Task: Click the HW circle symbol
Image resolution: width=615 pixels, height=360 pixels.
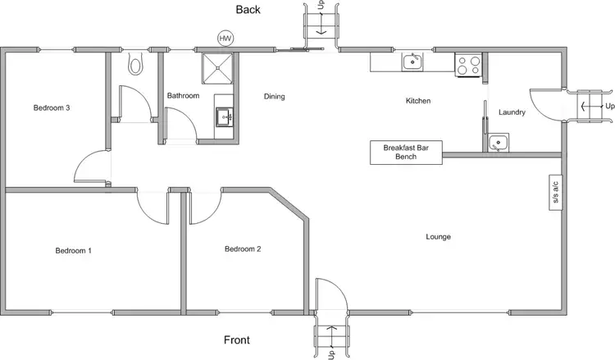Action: pyautogui.click(x=224, y=38)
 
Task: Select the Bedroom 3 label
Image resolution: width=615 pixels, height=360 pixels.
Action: pyautogui.click(x=51, y=107)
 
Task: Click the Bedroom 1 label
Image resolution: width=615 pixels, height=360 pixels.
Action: pyautogui.click(x=73, y=250)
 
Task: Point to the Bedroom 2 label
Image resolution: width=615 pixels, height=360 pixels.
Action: pyautogui.click(x=243, y=248)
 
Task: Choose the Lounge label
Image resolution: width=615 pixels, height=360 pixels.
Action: pyautogui.click(x=438, y=237)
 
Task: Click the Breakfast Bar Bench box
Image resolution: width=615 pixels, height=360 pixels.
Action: pyautogui.click(x=406, y=152)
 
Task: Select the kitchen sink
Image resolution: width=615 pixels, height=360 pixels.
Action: pyautogui.click(x=411, y=62)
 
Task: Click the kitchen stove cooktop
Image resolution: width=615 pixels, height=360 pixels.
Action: pyautogui.click(x=467, y=64)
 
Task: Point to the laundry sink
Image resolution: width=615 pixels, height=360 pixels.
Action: pyautogui.click(x=497, y=144)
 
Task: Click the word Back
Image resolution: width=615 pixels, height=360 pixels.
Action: pyautogui.click(x=248, y=10)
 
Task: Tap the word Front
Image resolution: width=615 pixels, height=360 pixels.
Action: pyautogui.click(x=237, y=339)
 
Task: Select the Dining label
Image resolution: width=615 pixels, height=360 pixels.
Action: pyautogui.click(x=274, y=97)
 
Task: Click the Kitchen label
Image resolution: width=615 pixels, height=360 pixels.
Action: pyautogui.click(x=418, y=101)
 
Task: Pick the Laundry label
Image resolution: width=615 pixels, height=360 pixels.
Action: pyautogui.click(x=512, y=112)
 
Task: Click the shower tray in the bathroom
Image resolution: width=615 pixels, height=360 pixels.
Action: pyautogui.click(x=216, y=70)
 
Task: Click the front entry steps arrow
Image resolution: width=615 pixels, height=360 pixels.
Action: pyautogui.click(x=331, y=334)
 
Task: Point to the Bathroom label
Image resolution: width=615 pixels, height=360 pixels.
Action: pyautogui.click(x=183, y=96)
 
